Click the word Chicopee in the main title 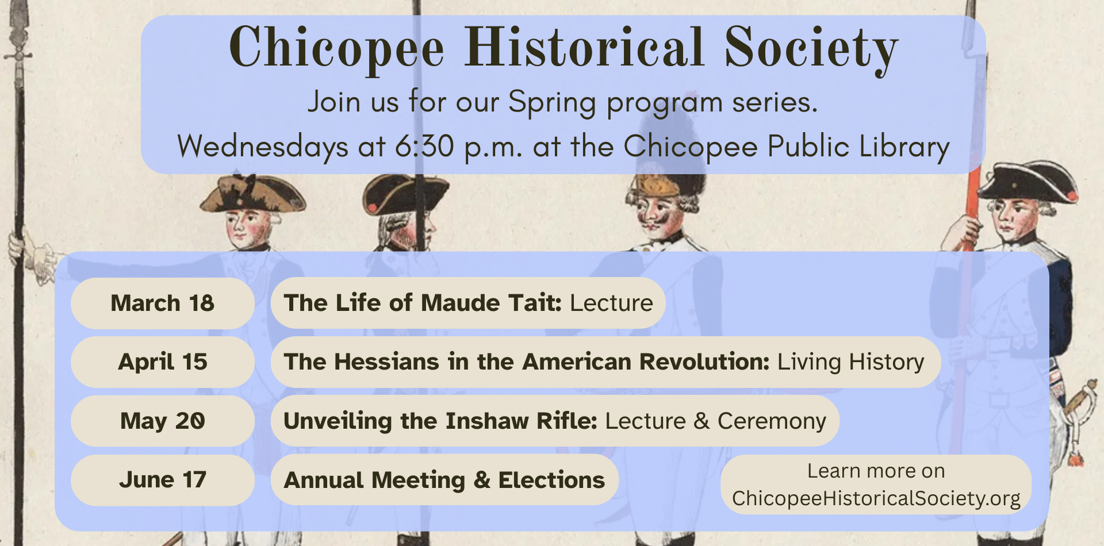337,49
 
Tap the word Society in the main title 811,49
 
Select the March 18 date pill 163,303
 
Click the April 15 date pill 163,362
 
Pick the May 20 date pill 163,421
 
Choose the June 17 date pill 163,480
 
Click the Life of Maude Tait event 468,303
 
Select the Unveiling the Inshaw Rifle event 554,421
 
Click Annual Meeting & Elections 444,480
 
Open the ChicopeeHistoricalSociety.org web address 876,498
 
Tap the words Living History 850,362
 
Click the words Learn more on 876,471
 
